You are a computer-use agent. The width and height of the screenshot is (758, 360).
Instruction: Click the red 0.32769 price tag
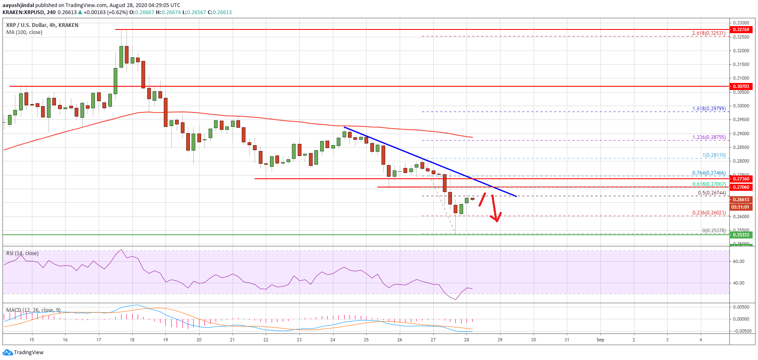741,29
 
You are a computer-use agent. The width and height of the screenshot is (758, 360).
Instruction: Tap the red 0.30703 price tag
741,86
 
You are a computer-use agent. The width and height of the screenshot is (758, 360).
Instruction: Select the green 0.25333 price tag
741,235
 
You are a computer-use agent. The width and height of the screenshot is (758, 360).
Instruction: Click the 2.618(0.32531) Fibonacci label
709,33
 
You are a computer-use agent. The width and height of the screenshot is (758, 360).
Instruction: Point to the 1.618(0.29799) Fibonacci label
709,109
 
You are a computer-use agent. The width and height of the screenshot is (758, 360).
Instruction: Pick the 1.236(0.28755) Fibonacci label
709,137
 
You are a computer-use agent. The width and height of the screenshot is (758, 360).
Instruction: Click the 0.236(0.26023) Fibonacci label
709,213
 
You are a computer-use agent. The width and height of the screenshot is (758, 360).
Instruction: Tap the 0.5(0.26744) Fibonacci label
712,193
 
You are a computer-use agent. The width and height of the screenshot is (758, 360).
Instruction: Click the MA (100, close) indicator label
24,32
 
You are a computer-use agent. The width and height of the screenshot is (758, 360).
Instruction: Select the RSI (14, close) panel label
22,253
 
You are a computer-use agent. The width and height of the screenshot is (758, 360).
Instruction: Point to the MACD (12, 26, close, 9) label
33,310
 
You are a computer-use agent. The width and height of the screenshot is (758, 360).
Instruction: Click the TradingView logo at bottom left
23,353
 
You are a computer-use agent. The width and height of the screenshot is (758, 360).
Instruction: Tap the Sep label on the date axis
600,340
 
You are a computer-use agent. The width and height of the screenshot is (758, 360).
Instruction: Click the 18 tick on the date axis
132,340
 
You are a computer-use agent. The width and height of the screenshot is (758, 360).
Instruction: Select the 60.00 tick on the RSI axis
739,261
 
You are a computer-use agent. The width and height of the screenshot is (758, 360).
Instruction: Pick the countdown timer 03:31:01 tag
740,207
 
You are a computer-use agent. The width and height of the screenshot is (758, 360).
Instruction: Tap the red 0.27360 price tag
741,179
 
